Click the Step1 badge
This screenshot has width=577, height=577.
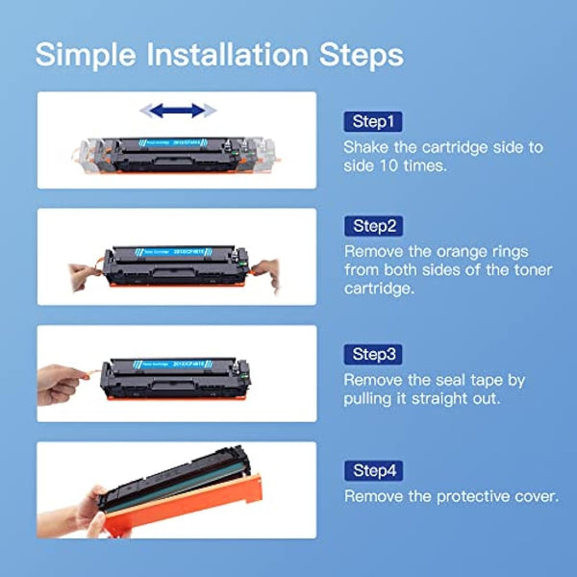(x=372, y=122)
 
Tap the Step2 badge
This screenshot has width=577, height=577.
(x=372, y=226)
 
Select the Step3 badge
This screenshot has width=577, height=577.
(x=372, y=354)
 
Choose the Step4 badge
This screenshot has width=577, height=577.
(x=372, y=470)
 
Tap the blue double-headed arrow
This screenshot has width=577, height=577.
(x=177, y=111)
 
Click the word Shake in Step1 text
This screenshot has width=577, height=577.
(x=367, y=147)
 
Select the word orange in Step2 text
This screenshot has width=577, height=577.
(x=474, y=250)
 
